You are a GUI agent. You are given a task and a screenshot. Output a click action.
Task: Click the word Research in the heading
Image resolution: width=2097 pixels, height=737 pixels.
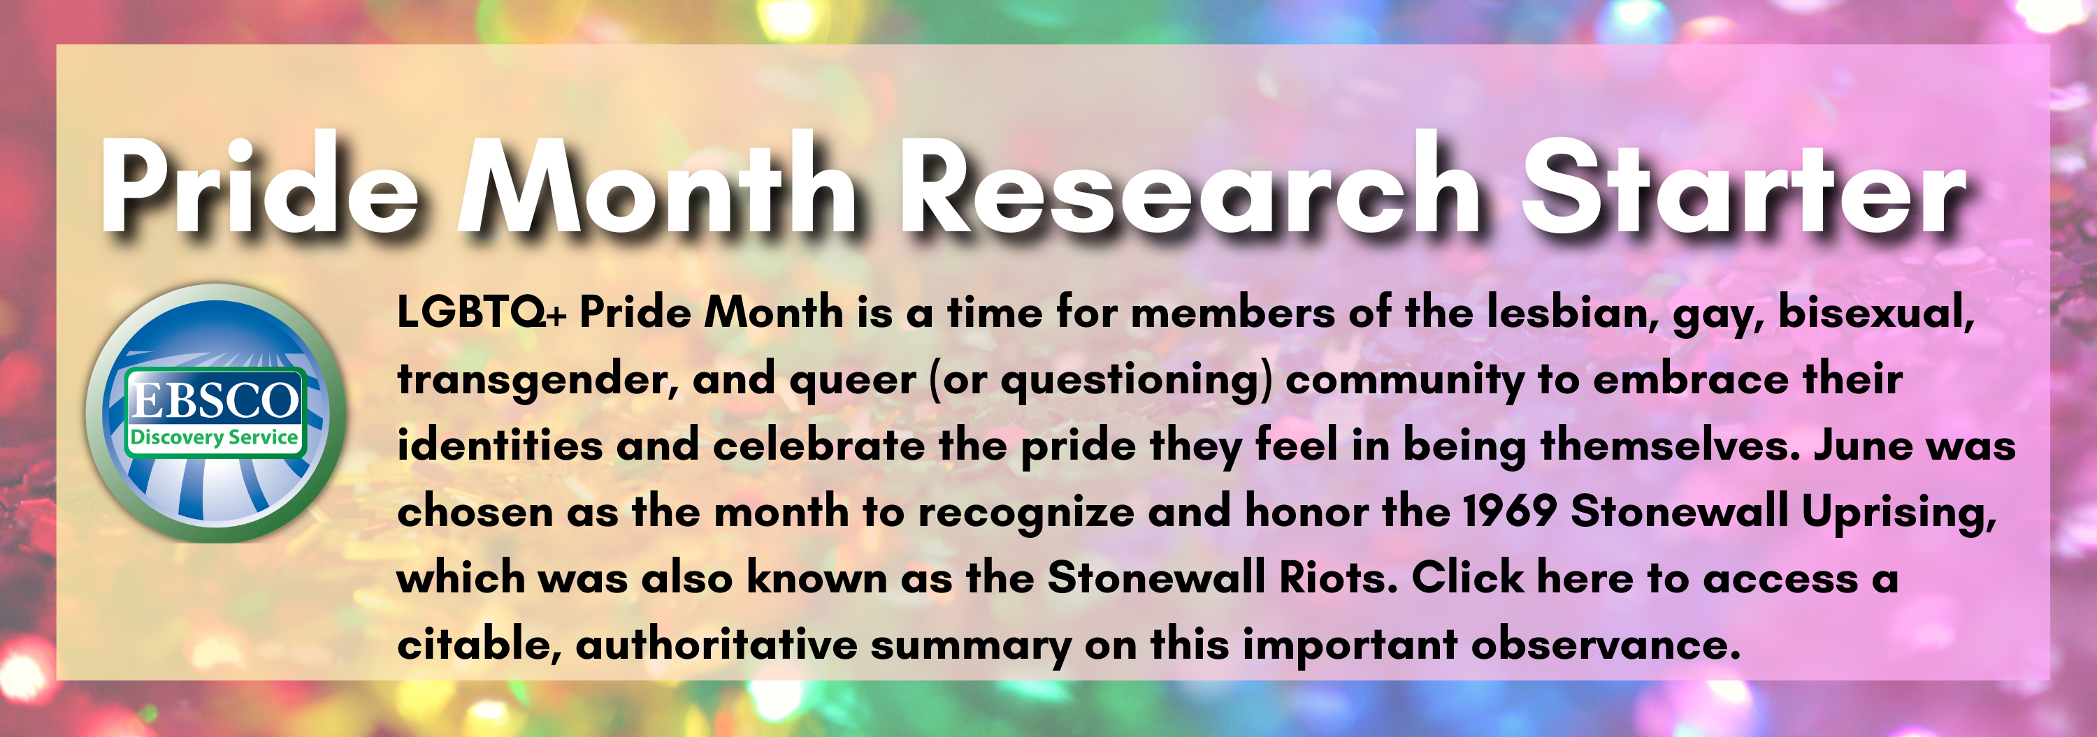pyautogui.click(x=1188, y=189)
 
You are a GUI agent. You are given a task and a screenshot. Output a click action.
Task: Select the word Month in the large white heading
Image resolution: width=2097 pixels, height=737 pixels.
pyautogui.click(x=656, y=189)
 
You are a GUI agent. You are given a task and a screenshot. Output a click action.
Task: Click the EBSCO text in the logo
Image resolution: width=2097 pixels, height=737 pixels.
pyautogui.click(x=215, y=400)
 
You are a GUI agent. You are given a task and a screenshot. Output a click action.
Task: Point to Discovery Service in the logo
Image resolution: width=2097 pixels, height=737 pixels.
pyautogui.click(x=214, y=437)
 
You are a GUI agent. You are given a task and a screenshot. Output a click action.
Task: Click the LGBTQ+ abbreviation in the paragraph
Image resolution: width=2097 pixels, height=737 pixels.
pyautogui.click(x=480, y=312)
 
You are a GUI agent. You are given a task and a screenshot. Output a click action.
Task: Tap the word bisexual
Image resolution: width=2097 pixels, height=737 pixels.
pyautogui.click(x=1875, y=312)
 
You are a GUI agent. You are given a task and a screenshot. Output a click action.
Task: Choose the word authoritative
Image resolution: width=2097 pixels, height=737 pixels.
pyautogui.click(x=716, y=645)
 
